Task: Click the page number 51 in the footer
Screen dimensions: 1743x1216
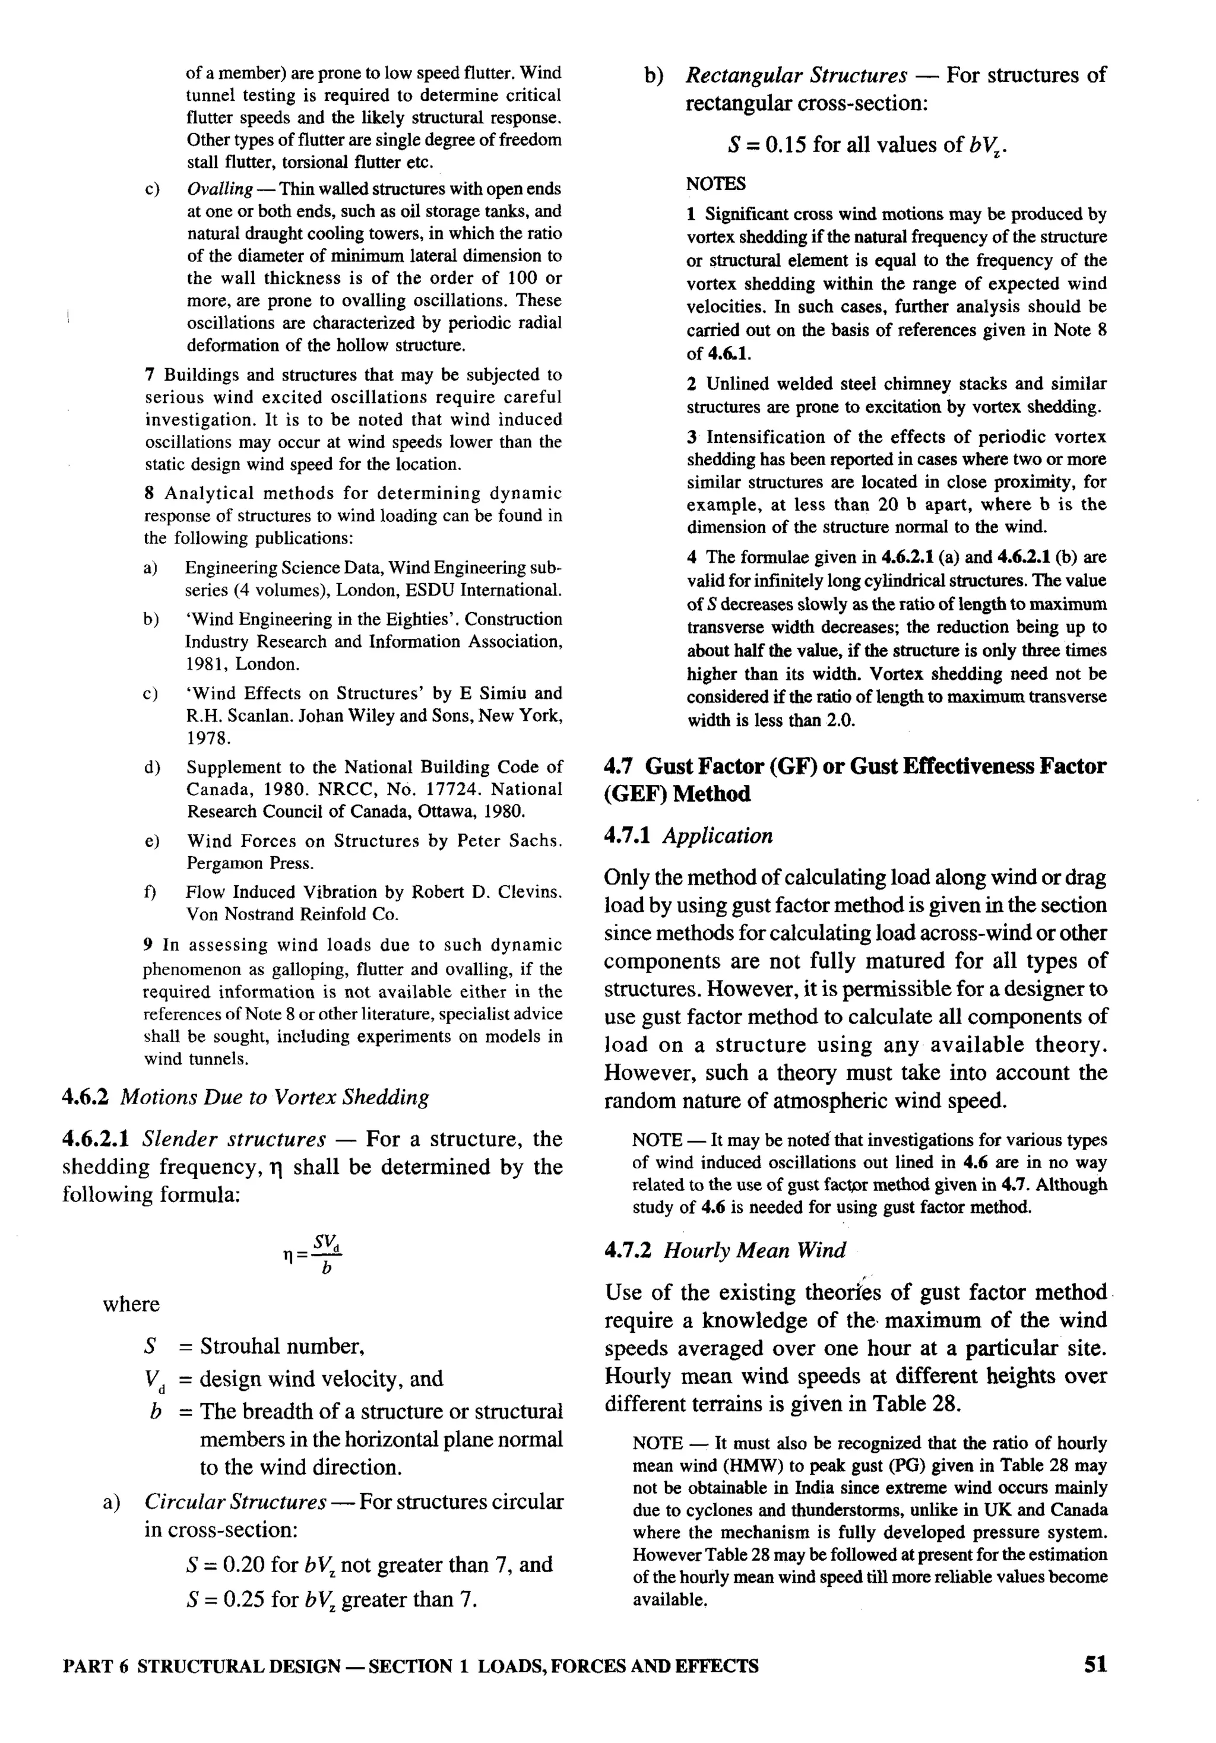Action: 1095,1665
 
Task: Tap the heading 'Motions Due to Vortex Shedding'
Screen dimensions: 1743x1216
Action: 275,1097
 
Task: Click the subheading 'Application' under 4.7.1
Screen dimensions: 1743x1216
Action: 717,836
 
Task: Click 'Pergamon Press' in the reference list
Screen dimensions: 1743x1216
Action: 250,863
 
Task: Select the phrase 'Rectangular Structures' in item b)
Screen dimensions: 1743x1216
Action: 796,75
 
